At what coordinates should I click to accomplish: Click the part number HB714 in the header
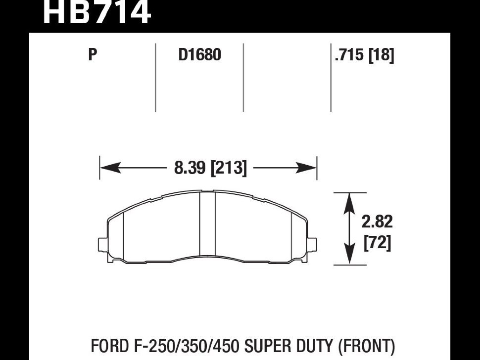pos(96,12)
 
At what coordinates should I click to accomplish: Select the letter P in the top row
pos(93,55)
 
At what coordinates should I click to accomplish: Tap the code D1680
pos(199,55)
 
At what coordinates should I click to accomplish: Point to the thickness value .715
pos(349,55)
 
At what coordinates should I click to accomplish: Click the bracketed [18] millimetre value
pos(382,55)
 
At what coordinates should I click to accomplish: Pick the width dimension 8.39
pos(190,168)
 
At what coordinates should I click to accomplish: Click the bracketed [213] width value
pos(229,168)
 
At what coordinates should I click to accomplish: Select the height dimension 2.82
pos(377,222)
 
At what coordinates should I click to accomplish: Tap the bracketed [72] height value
pos(377,243)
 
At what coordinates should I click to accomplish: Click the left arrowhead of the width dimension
pos(109,168)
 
